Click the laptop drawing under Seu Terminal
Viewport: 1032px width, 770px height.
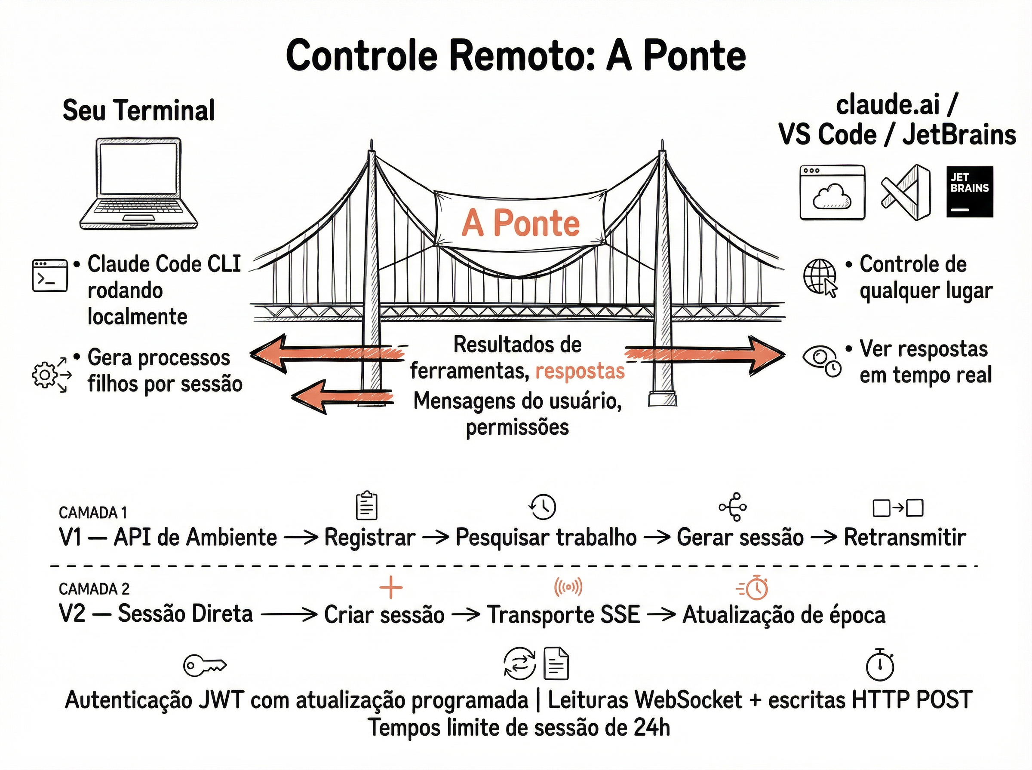(139, 184)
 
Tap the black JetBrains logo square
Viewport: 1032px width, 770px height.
(970, 192)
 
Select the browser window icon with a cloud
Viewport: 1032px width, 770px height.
(832, 192)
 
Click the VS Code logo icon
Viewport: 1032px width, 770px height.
(906, 192)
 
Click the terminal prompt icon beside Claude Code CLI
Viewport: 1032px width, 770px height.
(49, 276)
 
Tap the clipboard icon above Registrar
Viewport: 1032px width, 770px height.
(366, 506)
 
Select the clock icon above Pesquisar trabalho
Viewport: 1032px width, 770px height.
(542, 507)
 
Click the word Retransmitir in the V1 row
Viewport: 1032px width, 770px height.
(904, 537)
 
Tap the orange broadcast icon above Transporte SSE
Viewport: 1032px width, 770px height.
(568, 587)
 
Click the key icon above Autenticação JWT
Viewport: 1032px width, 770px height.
(204, 665)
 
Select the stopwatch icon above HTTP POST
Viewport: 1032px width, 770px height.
(879, 665)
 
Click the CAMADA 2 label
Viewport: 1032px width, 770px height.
(94, 589)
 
